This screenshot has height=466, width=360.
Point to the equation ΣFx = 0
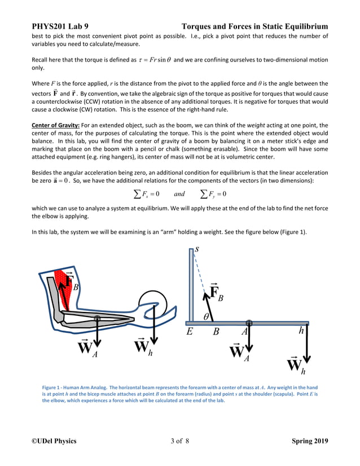click(x=147, y=194)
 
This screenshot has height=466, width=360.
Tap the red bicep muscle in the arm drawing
click(x=63, y=282)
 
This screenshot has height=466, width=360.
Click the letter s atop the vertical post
click(x=196, y=248)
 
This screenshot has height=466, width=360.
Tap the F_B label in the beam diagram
click(x=216, y=293)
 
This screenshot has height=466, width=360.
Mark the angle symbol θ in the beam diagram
click(x=207, y=317)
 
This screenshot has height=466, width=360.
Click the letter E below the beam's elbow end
click(x=190, y=332)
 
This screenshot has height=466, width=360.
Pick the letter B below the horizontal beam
click(x=216, y=332)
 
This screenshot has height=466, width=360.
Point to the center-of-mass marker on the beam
click(x=249, y=323)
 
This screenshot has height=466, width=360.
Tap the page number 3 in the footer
click(x=172, y=441)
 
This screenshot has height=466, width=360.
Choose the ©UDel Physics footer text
click(x=54, y=441)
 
